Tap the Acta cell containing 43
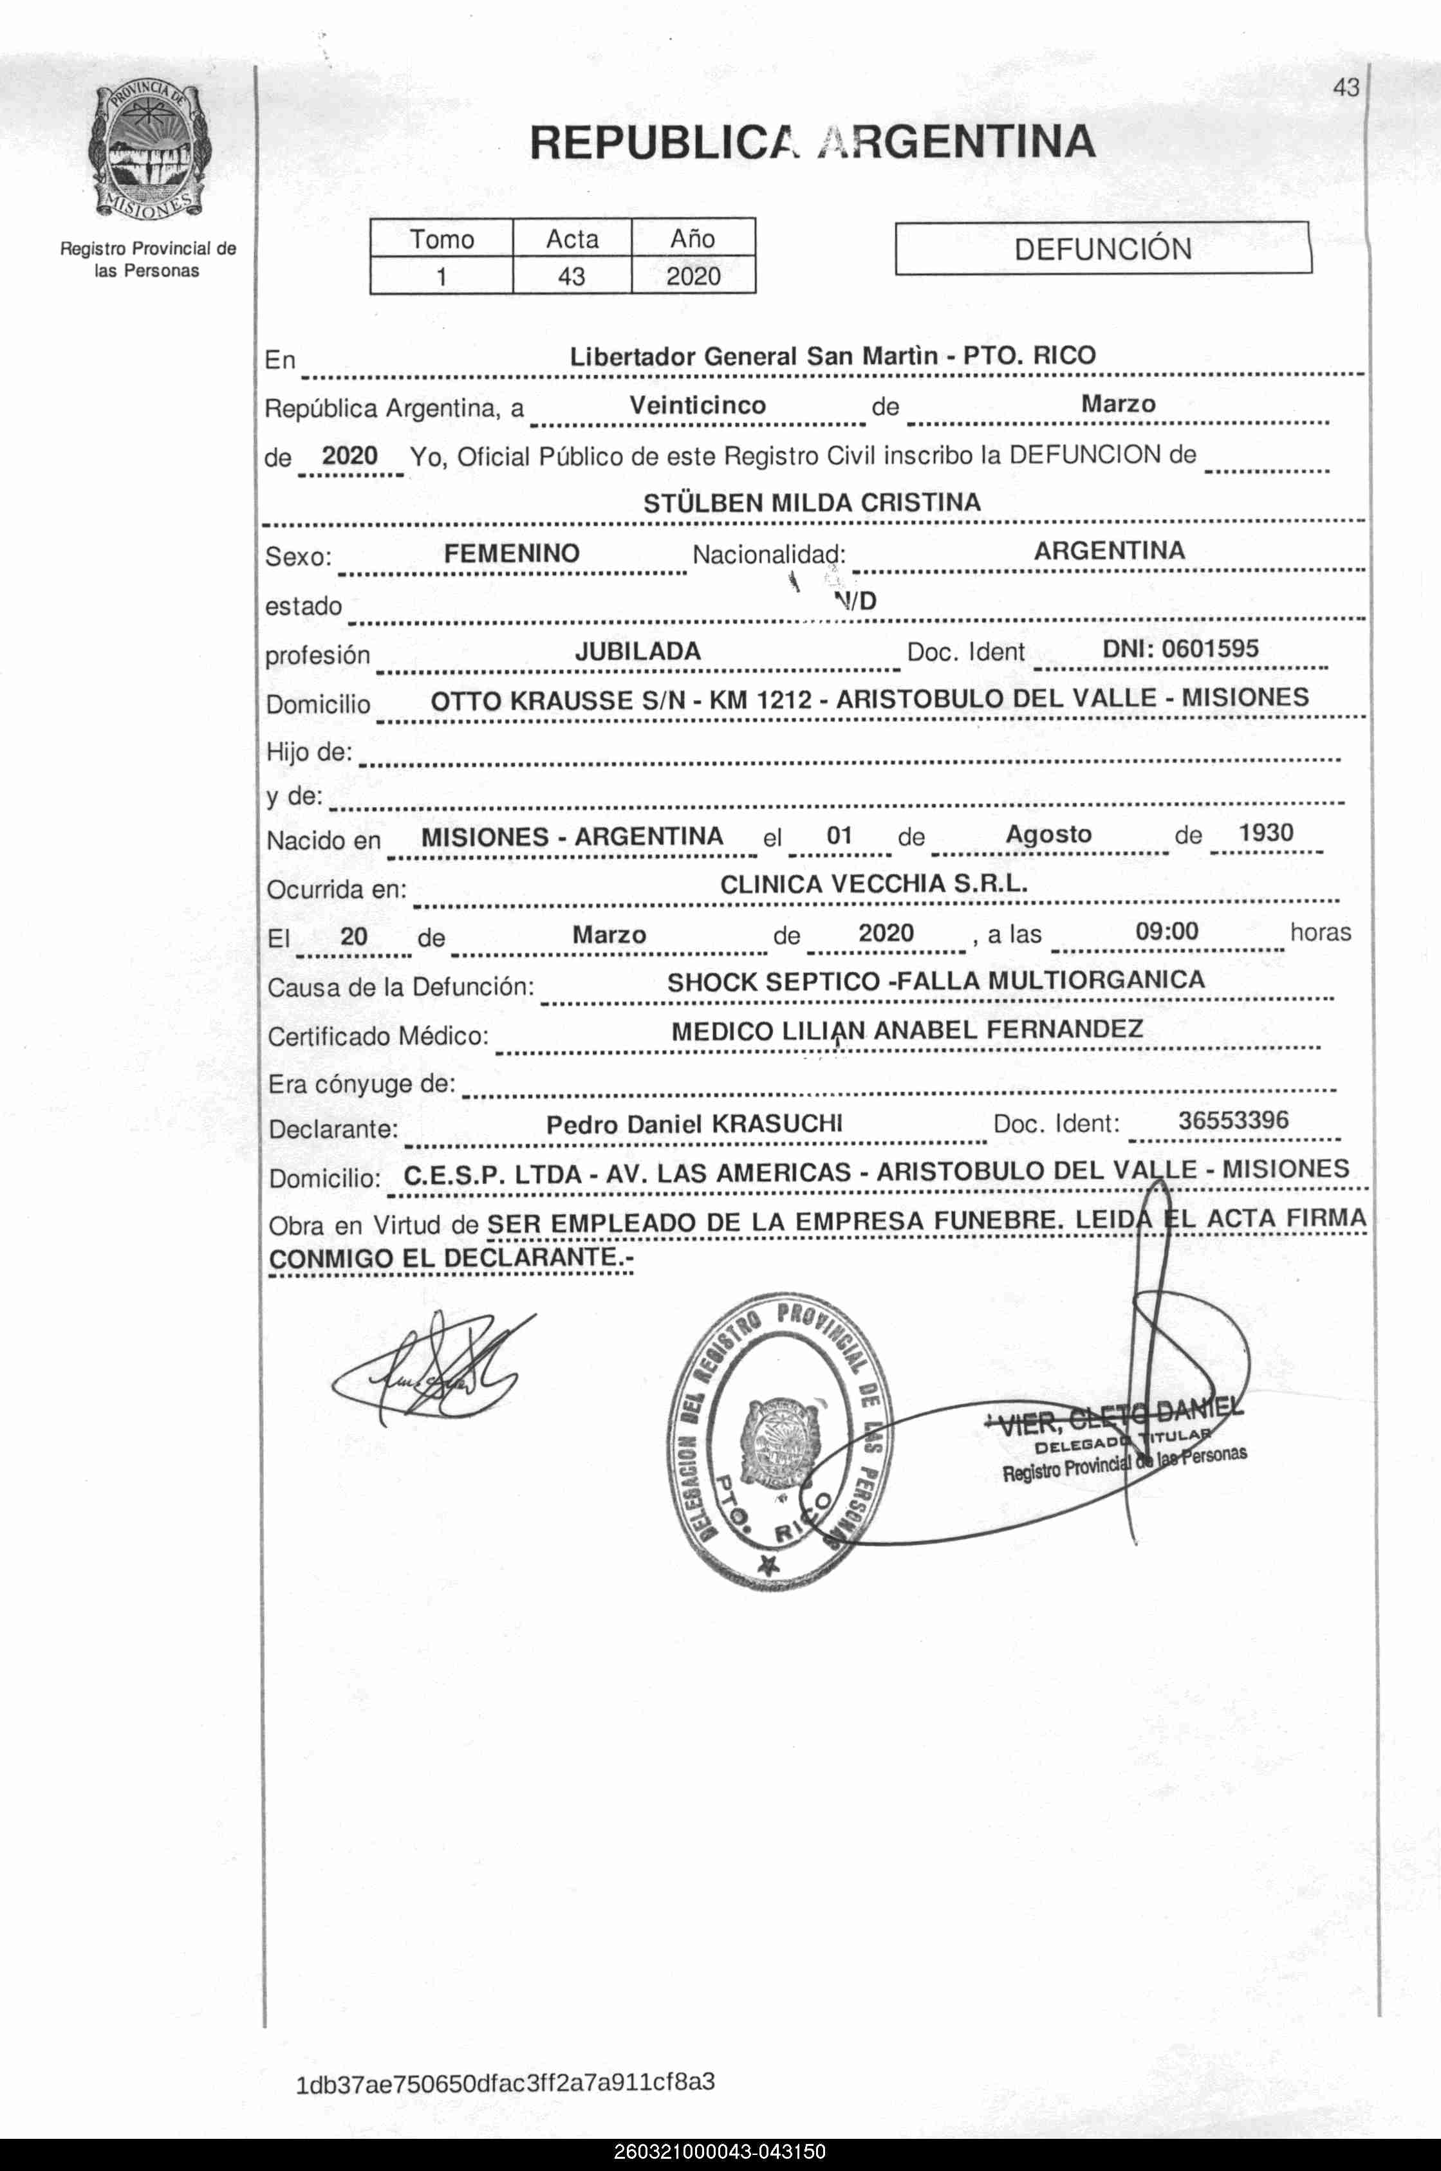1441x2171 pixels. [x=571, y=275]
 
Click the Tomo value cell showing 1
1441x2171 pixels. [x=441, y=275]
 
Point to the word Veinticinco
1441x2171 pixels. [x=698, y=405]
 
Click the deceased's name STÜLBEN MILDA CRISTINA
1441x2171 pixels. [x=812, y=503]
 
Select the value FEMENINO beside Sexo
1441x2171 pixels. [x=511, y=553]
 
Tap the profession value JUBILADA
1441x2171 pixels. [x=638, y=651]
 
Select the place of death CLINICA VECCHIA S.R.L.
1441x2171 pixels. [x=873, y=884]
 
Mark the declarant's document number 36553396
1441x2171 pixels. [x=1233, y=1120]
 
